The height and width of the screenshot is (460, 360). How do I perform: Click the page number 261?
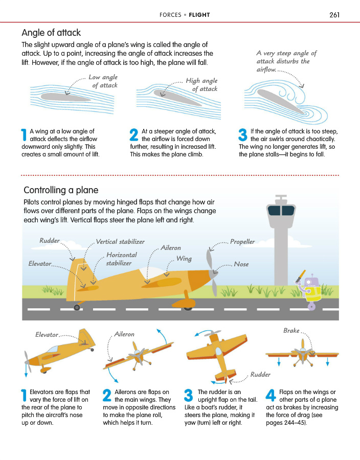[334, 15]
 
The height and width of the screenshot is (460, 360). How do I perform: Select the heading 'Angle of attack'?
[51, 33]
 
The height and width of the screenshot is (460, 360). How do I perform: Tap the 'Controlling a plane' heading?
[61, 190]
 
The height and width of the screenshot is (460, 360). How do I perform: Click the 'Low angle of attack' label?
[103, 81]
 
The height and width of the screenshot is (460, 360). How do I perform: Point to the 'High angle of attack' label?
[202, 85]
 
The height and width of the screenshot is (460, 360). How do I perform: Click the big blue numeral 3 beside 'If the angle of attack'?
[242, 135]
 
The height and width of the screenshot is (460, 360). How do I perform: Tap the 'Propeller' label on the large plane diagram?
[242, 242]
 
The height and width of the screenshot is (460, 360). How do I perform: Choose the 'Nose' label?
[241, 264]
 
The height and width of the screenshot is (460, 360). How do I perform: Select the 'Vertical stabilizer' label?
[120, 242]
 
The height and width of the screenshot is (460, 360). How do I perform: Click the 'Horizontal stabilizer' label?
[121, 259]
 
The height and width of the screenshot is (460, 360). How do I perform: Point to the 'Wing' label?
[184, 259]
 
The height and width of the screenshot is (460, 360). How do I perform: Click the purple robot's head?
[311, 282]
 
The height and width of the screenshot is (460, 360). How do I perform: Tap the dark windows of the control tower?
[281, 211]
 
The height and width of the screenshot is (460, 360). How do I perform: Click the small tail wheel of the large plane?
[77, 307]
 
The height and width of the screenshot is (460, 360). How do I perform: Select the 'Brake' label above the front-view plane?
[291, 331]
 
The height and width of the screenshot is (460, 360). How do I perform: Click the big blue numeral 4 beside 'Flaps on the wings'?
[271, 396]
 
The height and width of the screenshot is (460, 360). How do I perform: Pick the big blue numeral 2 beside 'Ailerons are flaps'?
[107, 396]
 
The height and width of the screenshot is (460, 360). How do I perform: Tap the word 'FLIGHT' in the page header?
[199, 15]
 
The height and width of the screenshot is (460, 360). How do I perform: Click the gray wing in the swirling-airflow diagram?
[281, 102]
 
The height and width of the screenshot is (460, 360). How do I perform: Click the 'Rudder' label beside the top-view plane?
[260, 375]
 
